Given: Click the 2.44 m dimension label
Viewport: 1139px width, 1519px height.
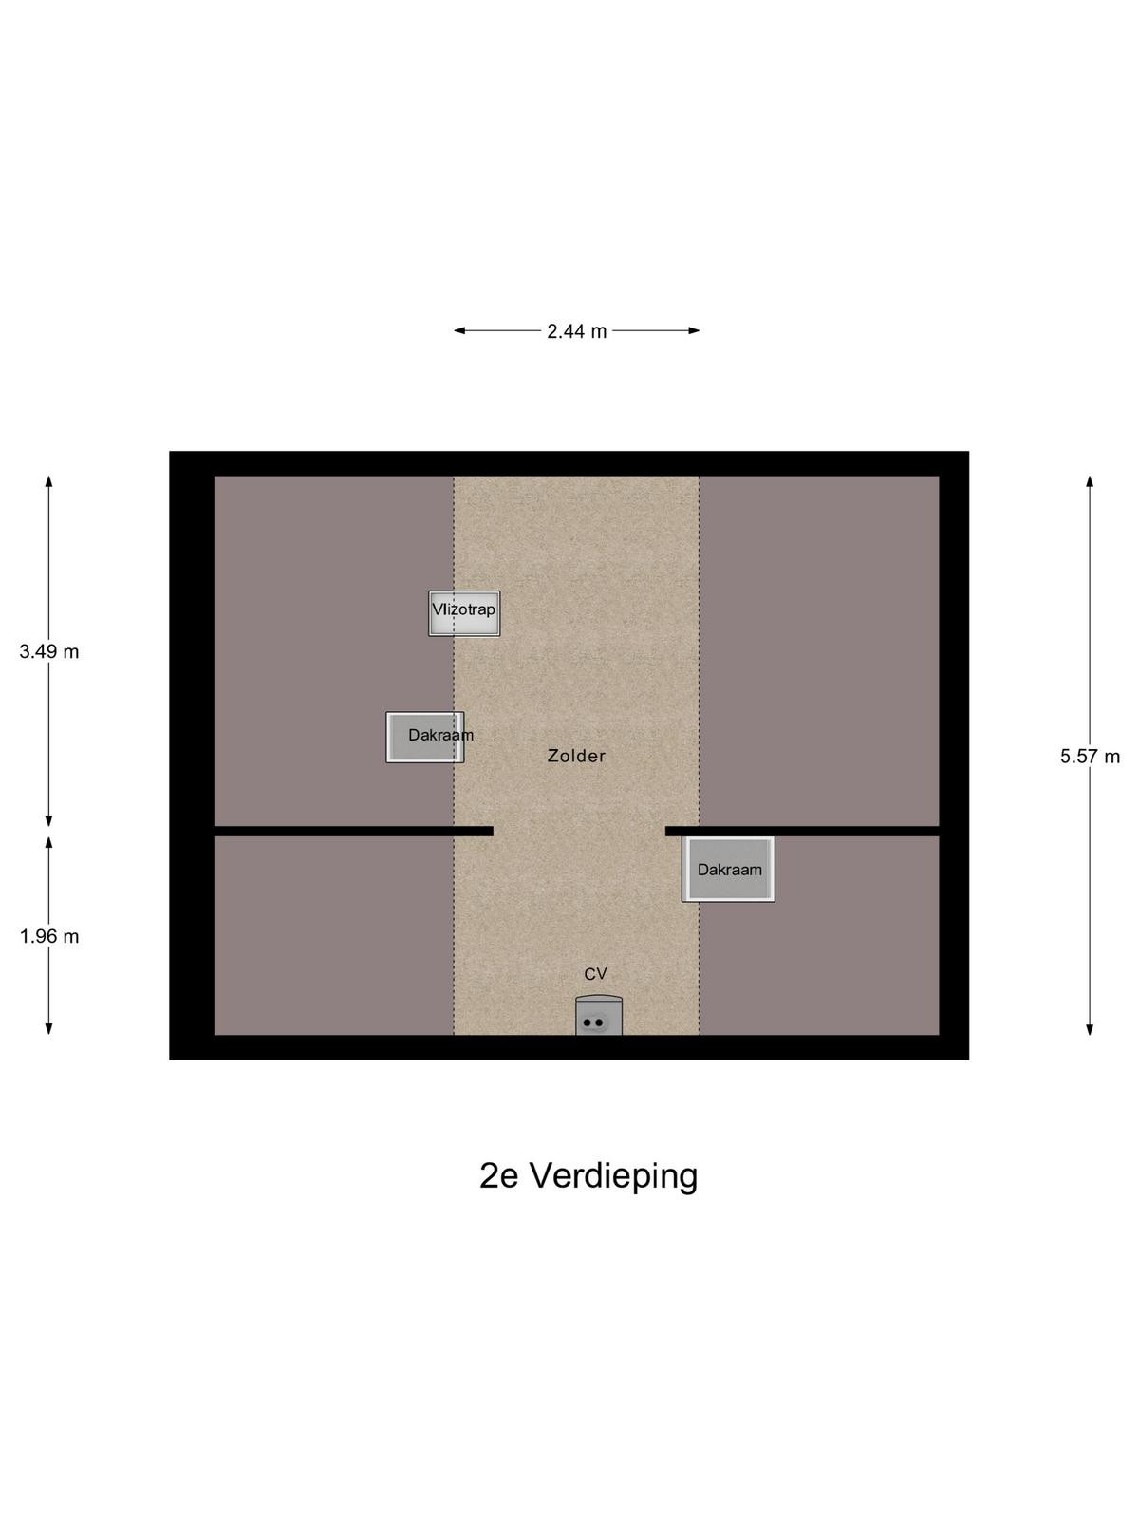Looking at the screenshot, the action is click(x=576, y=331).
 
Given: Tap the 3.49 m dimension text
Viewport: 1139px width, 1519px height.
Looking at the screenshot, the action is click(x=49, y=651).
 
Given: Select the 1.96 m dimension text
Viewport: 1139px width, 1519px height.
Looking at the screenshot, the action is click(x=49, y=936).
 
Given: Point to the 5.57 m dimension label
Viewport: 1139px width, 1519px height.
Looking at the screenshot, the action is click(x=1090, y=757).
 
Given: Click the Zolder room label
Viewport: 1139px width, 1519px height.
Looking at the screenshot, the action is click(x=576, y=756).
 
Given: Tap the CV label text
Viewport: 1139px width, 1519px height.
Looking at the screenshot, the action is click(x=595, y=974).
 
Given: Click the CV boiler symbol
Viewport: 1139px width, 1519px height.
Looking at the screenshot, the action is click(x=598, y=1016).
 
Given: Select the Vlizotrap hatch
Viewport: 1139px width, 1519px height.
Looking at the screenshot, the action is click(x=464, y=613).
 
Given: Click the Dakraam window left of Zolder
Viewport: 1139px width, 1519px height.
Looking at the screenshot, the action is click(x=424, y=737).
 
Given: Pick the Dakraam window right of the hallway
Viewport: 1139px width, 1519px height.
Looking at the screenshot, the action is click(x=728, y=870).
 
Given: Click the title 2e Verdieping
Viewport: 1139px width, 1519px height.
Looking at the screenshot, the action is click(x=588, y=1175).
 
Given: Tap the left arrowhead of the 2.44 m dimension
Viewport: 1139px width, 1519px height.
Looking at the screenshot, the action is click(x=459, y=330).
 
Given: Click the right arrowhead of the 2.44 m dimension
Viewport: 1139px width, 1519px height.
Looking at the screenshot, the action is click(x=694, y=330).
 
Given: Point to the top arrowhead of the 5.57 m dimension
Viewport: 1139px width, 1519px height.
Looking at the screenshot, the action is click(x=1090, y=481).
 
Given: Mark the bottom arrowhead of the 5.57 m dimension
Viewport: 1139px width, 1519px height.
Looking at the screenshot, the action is click(x=1090, y=1030).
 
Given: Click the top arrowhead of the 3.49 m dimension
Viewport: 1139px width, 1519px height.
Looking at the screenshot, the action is click(x=49, y=481).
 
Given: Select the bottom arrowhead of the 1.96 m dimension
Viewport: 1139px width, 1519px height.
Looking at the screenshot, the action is click(x=49, y=1030).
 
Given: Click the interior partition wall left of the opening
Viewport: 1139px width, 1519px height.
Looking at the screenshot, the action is click(x=353, y=831).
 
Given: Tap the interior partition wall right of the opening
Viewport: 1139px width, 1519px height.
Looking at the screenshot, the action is click(x=802, y=831).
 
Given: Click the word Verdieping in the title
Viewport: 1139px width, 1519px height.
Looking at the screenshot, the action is click(x=614, y=1175).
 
